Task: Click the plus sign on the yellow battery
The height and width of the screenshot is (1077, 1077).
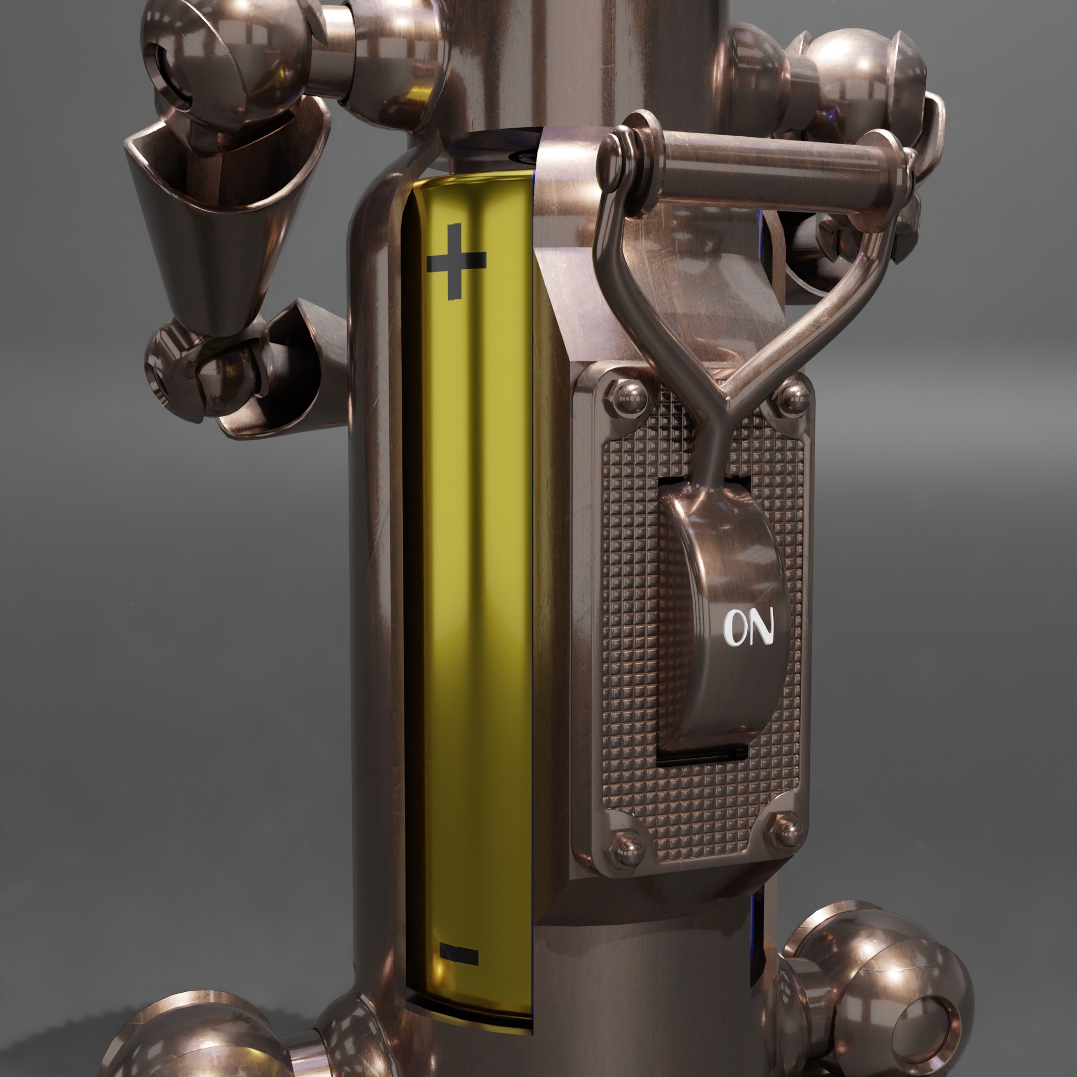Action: point(456,261)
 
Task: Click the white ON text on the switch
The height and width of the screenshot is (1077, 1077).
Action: point(749,628)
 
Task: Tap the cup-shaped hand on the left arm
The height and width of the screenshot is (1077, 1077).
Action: point(223,217)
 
